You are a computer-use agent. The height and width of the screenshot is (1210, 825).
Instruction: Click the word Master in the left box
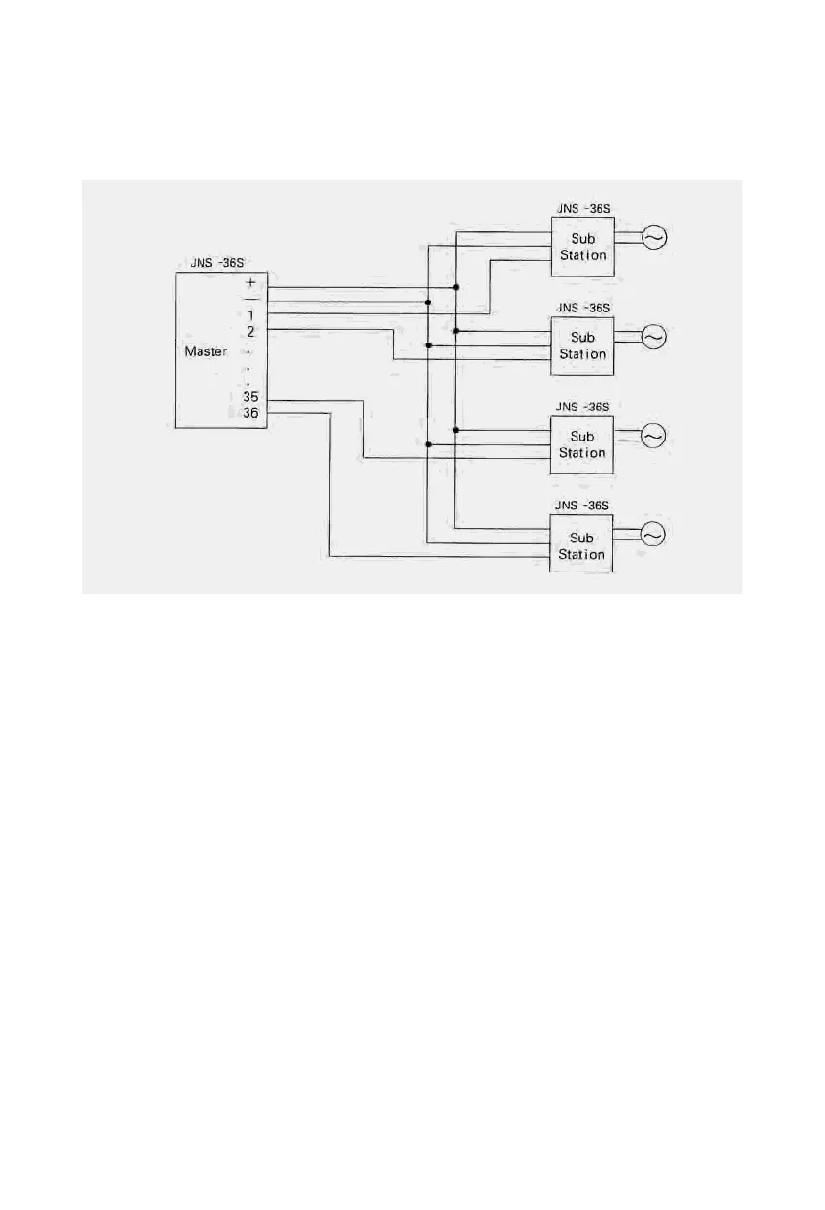pos(206,352)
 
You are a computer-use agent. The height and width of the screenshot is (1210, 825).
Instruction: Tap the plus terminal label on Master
pos(250,282)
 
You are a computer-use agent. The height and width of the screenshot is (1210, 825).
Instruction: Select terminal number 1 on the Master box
pos(250,315)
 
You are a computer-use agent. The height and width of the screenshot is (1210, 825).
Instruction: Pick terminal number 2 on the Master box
pos(250,332)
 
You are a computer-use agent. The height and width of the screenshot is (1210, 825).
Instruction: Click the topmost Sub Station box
pos(582,246)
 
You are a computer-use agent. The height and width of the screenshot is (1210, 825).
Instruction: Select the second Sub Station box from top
pos(582,345)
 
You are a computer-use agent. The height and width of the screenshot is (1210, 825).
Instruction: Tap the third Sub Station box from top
pos(582,444)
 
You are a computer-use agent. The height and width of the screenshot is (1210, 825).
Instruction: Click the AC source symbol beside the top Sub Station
pos(654,237)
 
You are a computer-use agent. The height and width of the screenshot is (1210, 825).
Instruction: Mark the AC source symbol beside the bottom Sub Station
pos(653,535)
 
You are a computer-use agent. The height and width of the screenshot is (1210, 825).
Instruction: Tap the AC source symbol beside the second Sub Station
pos(654,337)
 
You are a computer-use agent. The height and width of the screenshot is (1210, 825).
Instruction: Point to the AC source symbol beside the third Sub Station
pos(654,436)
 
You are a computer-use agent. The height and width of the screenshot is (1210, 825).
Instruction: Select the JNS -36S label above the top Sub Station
pos(582,208)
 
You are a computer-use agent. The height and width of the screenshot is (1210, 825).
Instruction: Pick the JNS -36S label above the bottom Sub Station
pos(582,506)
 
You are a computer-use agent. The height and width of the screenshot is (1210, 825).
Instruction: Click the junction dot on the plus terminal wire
pos(455,288)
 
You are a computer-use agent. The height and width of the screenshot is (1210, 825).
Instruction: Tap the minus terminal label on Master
pos(250,299)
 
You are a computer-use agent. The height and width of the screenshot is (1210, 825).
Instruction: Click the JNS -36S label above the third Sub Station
pos(582,407)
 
